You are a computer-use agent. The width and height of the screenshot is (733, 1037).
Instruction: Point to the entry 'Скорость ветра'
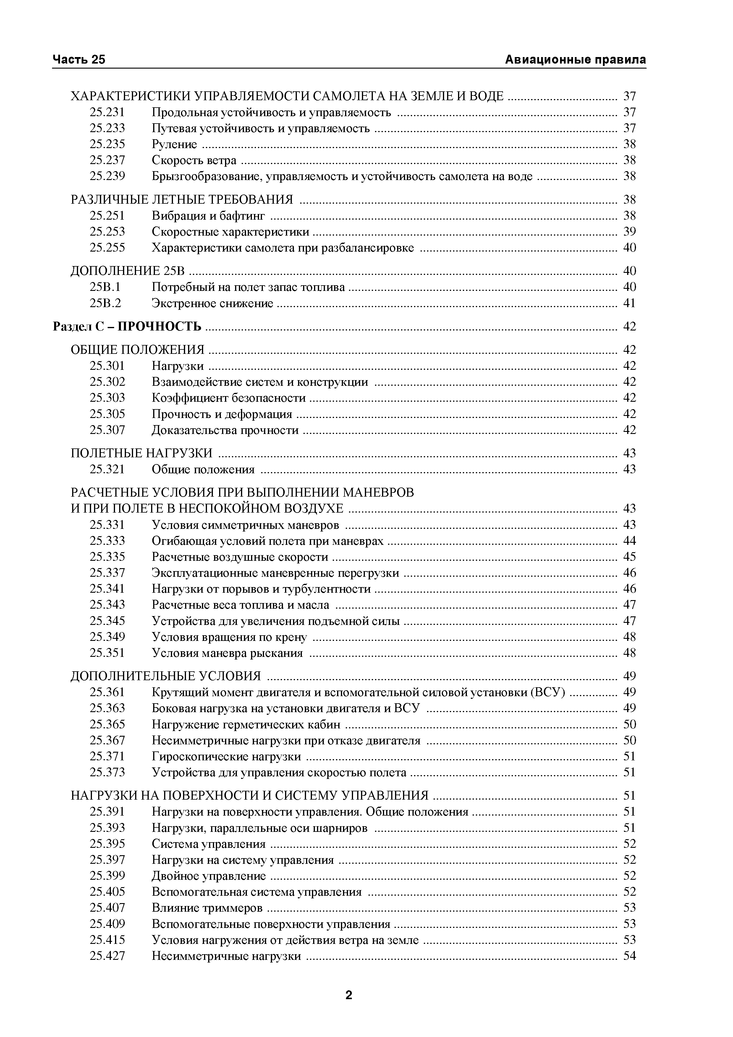pos(194,160)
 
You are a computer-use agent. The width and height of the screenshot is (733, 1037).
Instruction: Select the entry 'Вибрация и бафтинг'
pos(208,216)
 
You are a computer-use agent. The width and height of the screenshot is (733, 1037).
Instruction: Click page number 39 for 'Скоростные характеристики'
pos(629,232)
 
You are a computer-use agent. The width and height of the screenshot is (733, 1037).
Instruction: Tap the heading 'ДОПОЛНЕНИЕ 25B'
pos(128,271)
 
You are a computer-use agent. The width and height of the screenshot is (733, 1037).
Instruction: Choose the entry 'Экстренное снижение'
pos(212,303)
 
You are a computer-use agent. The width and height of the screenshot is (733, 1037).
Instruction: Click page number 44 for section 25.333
pos(629,541)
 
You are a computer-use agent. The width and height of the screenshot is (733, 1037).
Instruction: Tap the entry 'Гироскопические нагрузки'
pos(226,756)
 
